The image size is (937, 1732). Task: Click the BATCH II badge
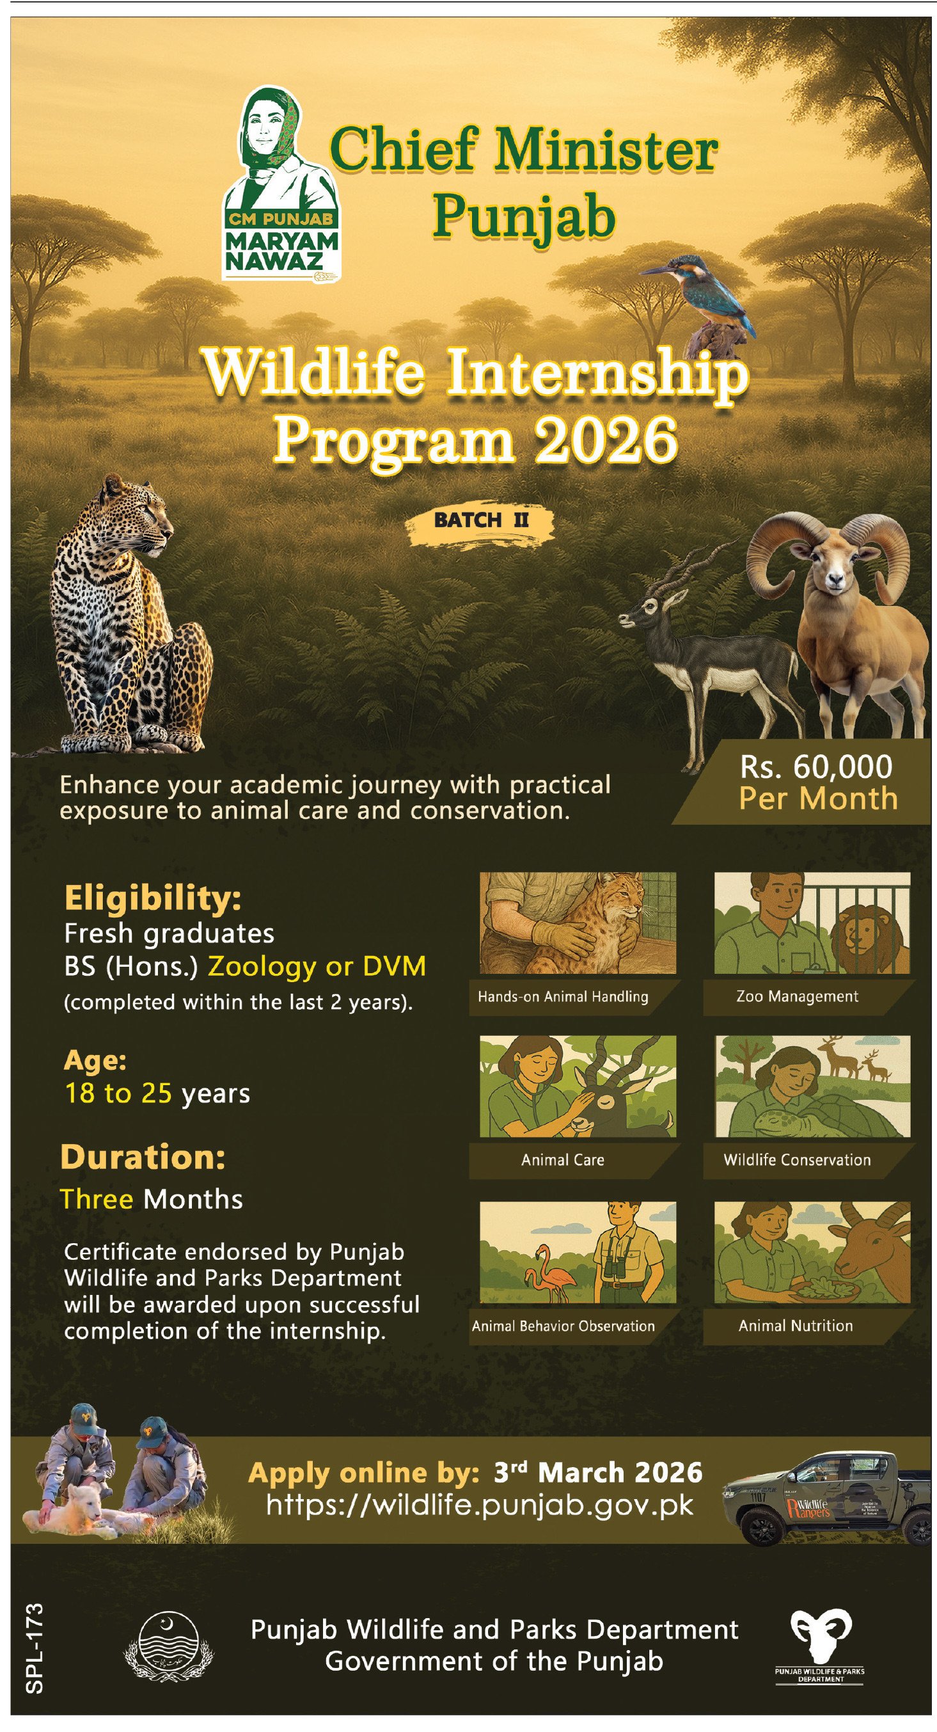click(481, 521)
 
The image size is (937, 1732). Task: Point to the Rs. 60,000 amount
click(816, 767)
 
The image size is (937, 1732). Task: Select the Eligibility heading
click(153, 898)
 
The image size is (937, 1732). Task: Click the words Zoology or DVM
click(317, 966)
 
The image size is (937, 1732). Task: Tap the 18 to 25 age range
click(118, 1093)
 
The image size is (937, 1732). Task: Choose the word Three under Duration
click(96, 1199)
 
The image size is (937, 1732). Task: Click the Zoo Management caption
click(797, 996)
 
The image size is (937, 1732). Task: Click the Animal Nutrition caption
click(796, 1325)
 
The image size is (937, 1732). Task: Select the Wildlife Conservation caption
click(797, 1160)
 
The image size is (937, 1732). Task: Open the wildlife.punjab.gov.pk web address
click(479, 1505)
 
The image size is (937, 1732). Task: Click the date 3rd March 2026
click(598, 1472)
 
